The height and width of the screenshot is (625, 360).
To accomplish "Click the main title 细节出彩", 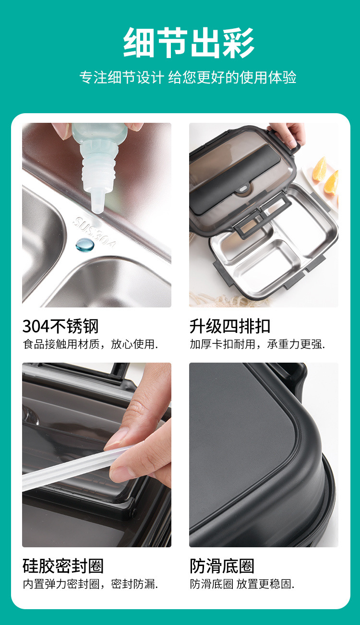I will pyautogui.click(x=189, y=43).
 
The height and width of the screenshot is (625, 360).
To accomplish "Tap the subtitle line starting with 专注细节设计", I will pyautogui.click(x=188, y=77).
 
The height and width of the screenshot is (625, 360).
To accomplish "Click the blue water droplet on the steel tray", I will pyautogui.click(x=85, y=245).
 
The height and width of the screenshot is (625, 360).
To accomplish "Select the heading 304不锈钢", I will pyautogui.click(x=60, y=327).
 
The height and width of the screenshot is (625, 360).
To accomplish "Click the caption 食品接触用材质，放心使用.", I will pyautogui.click(x=90, y=344).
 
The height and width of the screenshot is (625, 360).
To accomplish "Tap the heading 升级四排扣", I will pyautogui.click(x=230, y=327).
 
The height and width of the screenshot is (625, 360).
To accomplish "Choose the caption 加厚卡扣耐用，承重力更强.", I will pyautogui.click(x=257, y=344).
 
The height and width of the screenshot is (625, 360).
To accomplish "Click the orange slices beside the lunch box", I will pyautogui.click(x=326, y=175).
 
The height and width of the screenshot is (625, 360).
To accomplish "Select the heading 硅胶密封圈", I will pyautogui.click(x=63, y=566).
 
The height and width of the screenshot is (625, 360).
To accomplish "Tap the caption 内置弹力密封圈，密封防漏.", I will pyautogui.click(x=90, y=584).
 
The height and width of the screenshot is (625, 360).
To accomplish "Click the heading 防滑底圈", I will pyautogui.click(x=222, y=566).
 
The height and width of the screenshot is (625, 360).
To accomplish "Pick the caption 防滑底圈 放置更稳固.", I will pyautogui.click(x=242, y=584).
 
